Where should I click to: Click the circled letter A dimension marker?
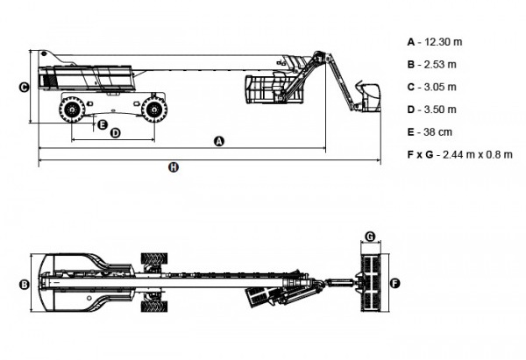pos(218,141)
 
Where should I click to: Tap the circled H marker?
pos(174,167)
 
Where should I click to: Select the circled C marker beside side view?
pos(24,88)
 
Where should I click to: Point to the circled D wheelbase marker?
pos(115,133)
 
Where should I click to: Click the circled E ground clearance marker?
pos(103,124)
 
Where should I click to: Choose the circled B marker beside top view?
pos(25,285)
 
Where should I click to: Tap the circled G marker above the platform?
pos(370,236)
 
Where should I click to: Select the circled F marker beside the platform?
pos(394,284)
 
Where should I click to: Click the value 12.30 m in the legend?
pos(443,42)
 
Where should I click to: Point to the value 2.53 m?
pos(440,64)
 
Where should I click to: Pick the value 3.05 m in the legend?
pos(440,87)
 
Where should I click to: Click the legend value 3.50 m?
pos(440,109)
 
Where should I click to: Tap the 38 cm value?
pos(437,131)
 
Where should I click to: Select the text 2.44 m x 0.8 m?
pos(478,154)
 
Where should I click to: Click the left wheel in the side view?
pos(72,109)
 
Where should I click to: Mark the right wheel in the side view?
pos(154,109)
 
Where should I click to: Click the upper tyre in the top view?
pos(154,258)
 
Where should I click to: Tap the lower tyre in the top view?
pos(154,306)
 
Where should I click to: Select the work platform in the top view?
pos(371,283)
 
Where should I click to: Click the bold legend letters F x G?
pos(420,154)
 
